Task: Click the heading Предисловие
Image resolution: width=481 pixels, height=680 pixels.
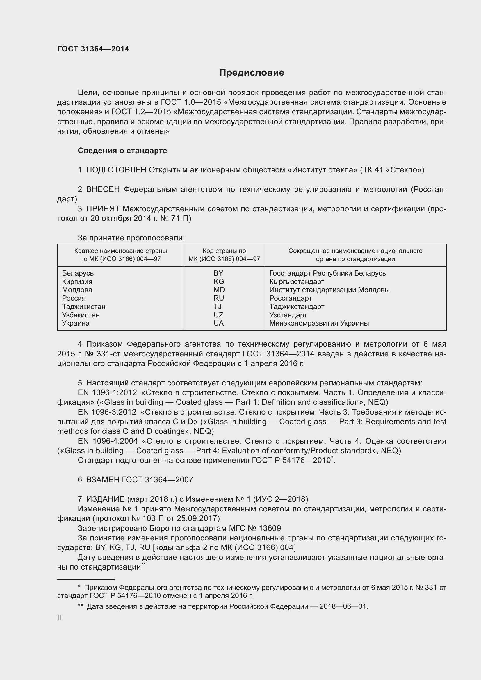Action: click(x=252, y=73)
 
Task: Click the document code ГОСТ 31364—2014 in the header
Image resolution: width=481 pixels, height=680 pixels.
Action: click(x=93, y=49)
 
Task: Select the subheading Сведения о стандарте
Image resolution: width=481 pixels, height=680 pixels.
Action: click(x=122, y=151)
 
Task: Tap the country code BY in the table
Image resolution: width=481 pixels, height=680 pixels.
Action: click(x=218, y=273)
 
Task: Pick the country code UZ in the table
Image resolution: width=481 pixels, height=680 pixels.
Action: click(x=218, y=315)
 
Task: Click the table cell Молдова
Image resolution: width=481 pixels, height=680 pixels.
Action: click(x=77, y=290)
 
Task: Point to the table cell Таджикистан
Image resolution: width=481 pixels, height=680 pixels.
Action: click(x=83, y=306)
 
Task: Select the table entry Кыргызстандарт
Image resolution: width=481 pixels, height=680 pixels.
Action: click(x=297, y=281)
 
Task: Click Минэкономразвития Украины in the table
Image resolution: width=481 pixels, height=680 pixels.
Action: click(x=319, y=323)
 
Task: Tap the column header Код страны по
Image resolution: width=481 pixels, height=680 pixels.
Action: click(x=224, y=251)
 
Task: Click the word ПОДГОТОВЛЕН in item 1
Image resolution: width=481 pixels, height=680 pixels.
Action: click(x=116, y=170)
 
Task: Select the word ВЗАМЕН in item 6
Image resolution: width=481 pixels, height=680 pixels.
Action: click(x=103, y=479)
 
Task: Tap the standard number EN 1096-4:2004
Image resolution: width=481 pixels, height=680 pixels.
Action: click(x=108, y=441)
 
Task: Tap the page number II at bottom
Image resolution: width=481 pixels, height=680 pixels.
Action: click(x=59, y=617)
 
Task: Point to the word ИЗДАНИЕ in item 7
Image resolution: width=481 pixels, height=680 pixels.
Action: click(x=106, y=499)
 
